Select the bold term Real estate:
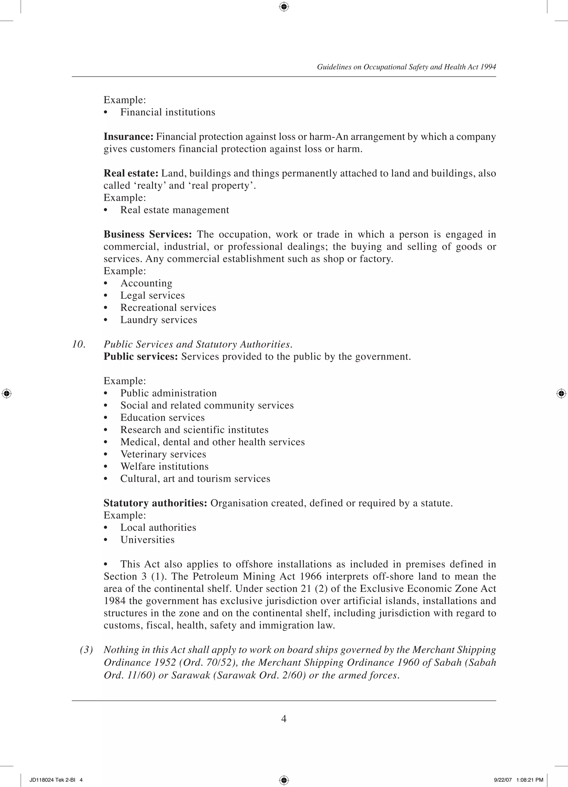coord(131,173)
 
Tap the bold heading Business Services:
coord(147,234)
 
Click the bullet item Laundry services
coord(158,320)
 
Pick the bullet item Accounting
coord(146,283)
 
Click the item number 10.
coord(79,344)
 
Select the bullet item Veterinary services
coord(163,454)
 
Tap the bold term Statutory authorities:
coord(155,503)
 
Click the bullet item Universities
coord(147,540)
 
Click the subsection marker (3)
coord(86,650)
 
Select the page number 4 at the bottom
coord(284,719)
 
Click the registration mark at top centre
coord(284,7)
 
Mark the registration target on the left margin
coord(7,394)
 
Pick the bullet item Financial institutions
coord(168,112)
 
